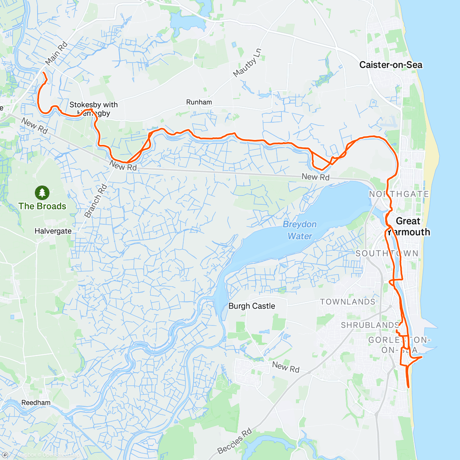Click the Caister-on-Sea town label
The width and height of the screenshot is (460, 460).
point(391,65)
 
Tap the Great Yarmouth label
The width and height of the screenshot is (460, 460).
point(409,227)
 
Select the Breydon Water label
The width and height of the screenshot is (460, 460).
point(300,230)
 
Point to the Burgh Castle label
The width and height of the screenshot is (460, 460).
point(251,306)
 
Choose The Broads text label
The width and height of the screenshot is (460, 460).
point(42,206)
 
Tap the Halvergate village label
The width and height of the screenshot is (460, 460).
point(53,231)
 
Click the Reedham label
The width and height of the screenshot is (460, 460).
point(36,403)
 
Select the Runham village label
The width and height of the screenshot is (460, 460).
point(199,102)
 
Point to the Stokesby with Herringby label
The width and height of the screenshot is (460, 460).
point(94,109)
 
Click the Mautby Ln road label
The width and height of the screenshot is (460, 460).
point(248,62)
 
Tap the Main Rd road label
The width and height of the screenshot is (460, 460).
point(56,53)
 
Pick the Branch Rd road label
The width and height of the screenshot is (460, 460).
point(95,201)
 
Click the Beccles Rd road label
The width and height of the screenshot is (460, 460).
point(235,441)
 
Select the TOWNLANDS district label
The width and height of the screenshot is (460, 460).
point(348,302)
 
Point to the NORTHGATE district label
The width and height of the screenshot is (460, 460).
point(399,194)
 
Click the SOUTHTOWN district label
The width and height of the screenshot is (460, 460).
point(387,253)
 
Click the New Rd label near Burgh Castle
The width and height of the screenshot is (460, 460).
point(286,367)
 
